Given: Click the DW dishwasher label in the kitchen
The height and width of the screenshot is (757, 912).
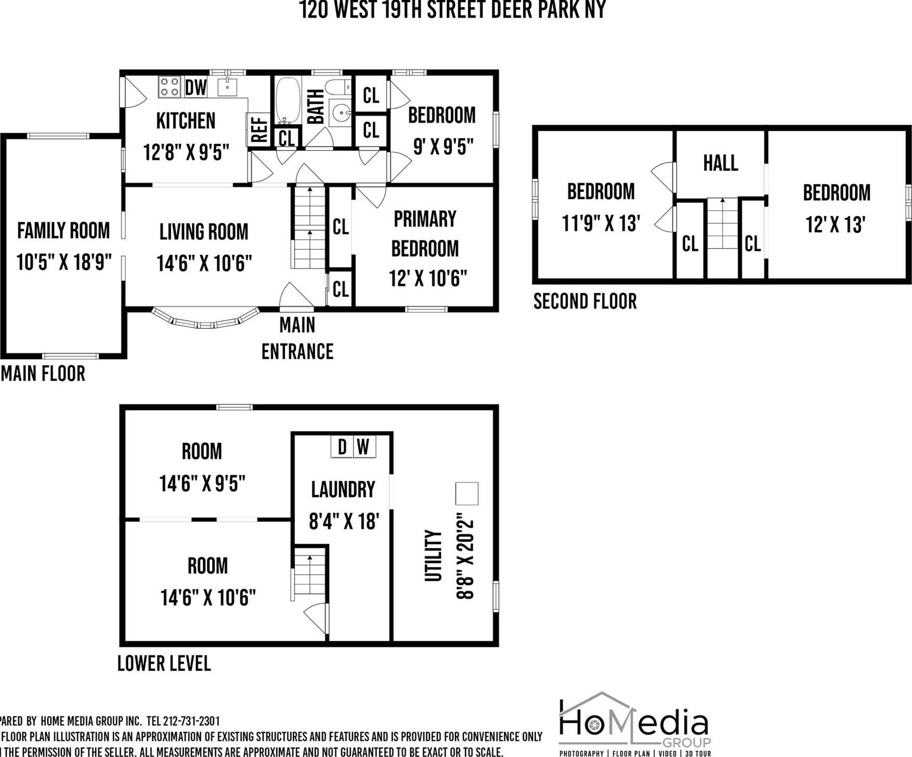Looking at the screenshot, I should coord(196,87).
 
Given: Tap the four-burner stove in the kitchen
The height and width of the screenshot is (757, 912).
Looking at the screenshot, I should coord(169,87).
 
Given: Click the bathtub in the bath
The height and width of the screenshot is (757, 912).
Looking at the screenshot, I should coord(287,100).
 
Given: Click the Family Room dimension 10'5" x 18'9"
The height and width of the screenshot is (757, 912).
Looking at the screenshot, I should coord(64,262).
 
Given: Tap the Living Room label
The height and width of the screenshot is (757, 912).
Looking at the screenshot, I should coord(204,232).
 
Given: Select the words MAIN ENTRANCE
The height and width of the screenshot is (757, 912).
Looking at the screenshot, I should coord(297,339).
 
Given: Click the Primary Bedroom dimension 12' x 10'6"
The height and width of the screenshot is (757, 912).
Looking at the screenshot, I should coord(428,279).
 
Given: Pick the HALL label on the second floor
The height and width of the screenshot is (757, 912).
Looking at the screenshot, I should coord(720,163).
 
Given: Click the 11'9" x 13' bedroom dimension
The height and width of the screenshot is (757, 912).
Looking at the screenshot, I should coord(601,224).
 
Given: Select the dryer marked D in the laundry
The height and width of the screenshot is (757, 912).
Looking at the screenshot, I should coord(342,447).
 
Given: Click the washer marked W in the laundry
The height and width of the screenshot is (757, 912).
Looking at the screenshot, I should coord(364,447).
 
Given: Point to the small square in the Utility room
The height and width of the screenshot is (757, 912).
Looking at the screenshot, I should coord(466,493).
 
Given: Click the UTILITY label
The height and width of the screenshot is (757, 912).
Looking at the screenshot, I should coord(433,555).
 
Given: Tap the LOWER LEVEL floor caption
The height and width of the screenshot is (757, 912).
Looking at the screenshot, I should coord(164,663).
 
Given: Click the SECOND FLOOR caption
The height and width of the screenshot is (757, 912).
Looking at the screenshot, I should coord(585,301).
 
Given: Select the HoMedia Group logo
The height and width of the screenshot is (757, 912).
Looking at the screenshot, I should coord(634,725).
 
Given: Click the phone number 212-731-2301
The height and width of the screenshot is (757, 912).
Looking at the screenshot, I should coord(191,721).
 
